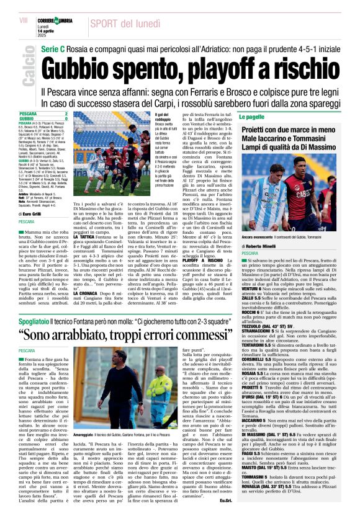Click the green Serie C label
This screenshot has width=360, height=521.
pos(54,48)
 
